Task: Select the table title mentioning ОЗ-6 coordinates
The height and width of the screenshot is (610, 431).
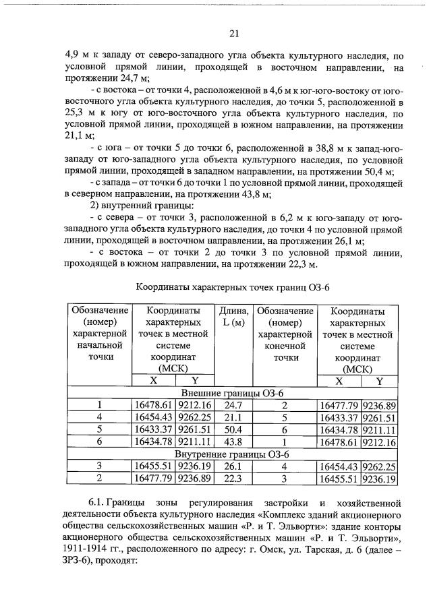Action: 233,287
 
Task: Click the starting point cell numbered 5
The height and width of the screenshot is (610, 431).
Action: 99,429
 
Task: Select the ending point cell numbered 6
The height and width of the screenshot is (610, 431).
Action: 284,429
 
